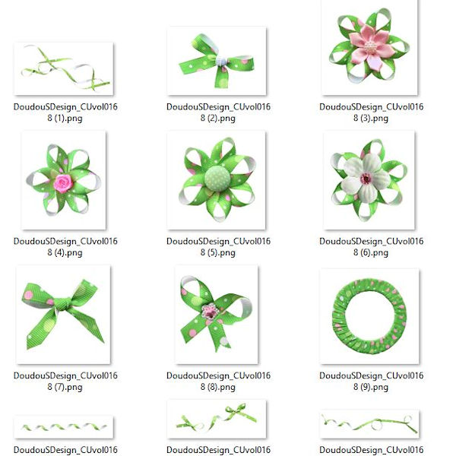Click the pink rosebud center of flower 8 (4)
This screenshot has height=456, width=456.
point(63,183)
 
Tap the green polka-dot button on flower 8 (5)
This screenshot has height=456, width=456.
point(217,179)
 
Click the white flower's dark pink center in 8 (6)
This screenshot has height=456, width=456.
point(366,179)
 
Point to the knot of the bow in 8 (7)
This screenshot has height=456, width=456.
point(62,304)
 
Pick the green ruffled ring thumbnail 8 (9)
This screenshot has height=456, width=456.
point(369,316)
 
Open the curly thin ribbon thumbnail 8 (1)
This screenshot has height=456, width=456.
point(64,68)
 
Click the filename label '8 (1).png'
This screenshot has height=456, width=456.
point(65,119)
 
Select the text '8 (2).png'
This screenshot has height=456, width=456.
point(218,119)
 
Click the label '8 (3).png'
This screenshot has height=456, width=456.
point(371,119)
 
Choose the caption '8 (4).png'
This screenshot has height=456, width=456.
point(65,253)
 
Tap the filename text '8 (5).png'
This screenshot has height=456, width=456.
point(218,253)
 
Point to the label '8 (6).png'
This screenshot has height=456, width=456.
point(371,253)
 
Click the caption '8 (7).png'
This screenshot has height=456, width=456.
point(65,387)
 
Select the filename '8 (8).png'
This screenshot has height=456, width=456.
point(218,387)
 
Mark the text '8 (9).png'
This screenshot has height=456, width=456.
point(371,387)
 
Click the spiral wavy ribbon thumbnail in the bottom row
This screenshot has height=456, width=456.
point(64,427)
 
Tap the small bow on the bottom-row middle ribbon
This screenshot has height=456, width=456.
point(239,411)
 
